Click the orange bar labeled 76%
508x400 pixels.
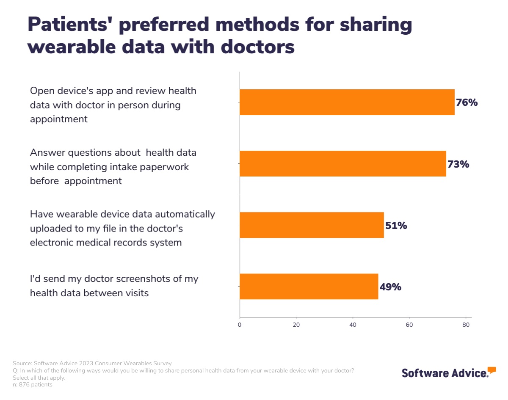(x=347, y=102)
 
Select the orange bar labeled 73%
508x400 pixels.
(x=342, y=163)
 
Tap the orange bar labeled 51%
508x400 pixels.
(x=312, y=225)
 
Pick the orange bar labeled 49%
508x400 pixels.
(x=309, y=287)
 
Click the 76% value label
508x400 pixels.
(x=467, y=102)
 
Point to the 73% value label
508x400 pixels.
(x=458, y=164)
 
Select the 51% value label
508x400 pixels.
(x=396, y=226)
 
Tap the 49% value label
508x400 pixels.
(x=390, y=287)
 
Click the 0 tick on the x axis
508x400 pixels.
(x=240, y=325)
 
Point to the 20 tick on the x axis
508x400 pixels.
(x=296, y=325)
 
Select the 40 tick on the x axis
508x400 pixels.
(x=353, y=325)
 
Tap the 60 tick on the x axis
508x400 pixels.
(x=409, y=325)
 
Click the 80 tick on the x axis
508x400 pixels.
(x=466, y=325)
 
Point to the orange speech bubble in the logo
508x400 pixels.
(x=491, y=370)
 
